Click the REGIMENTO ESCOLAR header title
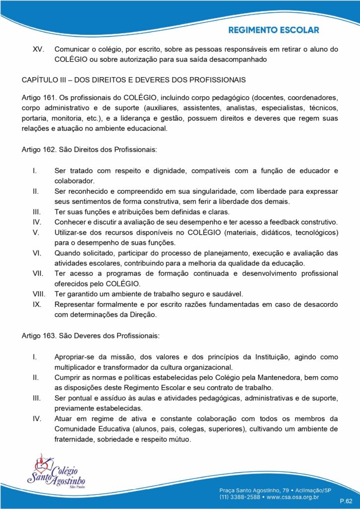coord(273,30)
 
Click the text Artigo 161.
coord(39,97)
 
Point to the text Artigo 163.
coord(39,336)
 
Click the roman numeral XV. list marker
coord(37,49)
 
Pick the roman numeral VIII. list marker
coord(39,294)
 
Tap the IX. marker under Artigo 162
coord(36,304)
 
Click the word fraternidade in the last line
coord(76,439)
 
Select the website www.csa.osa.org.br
coord(293,496)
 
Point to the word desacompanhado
coord(237,60)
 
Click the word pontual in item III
coord(78,398)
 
